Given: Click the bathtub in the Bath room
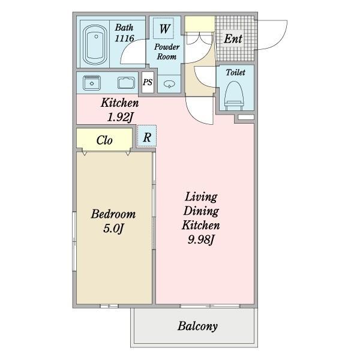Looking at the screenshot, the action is pyautogui.click(x=95, y=44).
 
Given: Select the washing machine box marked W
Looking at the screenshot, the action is pyautogui.click(x=163, y=28).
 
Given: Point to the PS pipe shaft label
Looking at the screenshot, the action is pyautogui.click(x=148, y=82).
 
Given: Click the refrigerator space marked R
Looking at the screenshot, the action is pyautogui.click(x=147, y=136).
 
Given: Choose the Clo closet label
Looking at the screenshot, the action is pyautogui.click(x=104, y=140).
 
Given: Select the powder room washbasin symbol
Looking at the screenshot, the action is pyautogui.click(x=169, y=84).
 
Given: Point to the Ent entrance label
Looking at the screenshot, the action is pyautogui.click(x=233, y=38).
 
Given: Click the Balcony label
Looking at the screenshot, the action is pyautogui.click(x=197, y=326).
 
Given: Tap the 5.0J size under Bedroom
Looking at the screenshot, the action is pyautogui.click(x=113, y=229).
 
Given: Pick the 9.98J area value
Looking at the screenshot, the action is pyautogui.click(x=201, y=240).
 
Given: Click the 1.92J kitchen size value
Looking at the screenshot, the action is pyautogui.click(x=120, y=118).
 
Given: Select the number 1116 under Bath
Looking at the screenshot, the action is pyautogui.click(x=124, y=38).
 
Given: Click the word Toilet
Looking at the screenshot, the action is pyautogui.click(x=235, y=73).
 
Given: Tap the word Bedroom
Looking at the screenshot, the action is pyautogui.click(x=113, y=214).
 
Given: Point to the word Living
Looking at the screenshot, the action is pyautogui.click(x=201, y=197).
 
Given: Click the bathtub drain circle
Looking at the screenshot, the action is pyautogui.click(x=96, y=37).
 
